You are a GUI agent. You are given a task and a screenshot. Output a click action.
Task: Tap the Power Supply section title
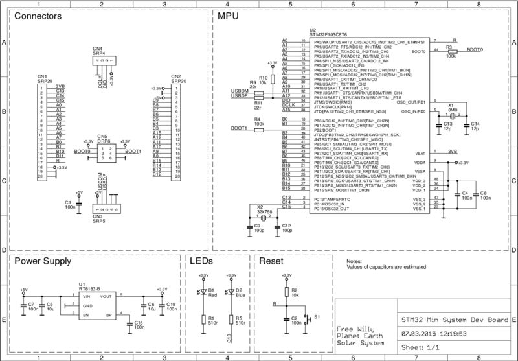pyautogui.click(x=43, y=262)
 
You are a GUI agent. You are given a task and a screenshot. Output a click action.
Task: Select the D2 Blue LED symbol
pyautogui.click(x=232, y=291)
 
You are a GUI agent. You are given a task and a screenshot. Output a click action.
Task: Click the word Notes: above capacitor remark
pyautogui.click(x=355, y=260)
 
